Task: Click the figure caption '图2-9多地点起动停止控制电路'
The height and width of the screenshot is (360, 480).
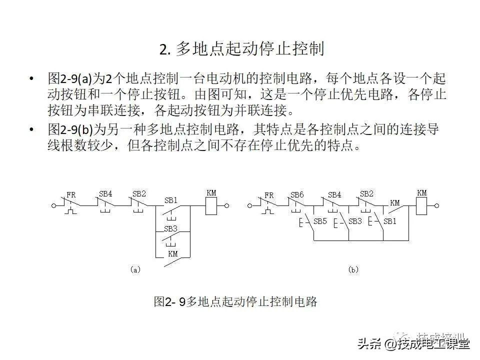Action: point(235,302)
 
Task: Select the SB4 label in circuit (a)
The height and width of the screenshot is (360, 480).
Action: point(105,194)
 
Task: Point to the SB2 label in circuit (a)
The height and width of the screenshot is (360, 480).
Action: point(139,194)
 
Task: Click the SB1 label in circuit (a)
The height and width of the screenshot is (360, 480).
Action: point(171,200)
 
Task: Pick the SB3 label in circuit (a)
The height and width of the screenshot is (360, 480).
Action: point(171,228)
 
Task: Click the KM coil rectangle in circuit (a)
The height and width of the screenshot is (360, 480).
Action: point(211,205)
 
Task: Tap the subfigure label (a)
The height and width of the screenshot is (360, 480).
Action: point(135,269)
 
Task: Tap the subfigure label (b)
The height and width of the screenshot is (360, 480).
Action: point(353,269)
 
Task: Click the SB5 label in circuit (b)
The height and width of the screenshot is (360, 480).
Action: point(320,221)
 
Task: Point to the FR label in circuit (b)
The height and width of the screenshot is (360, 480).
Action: point(269,195)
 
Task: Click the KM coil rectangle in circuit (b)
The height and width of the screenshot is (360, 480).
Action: point(422,205)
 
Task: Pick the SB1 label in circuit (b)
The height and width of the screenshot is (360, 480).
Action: point(389,221)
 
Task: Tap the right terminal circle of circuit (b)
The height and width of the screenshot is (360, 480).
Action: point(437,205)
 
